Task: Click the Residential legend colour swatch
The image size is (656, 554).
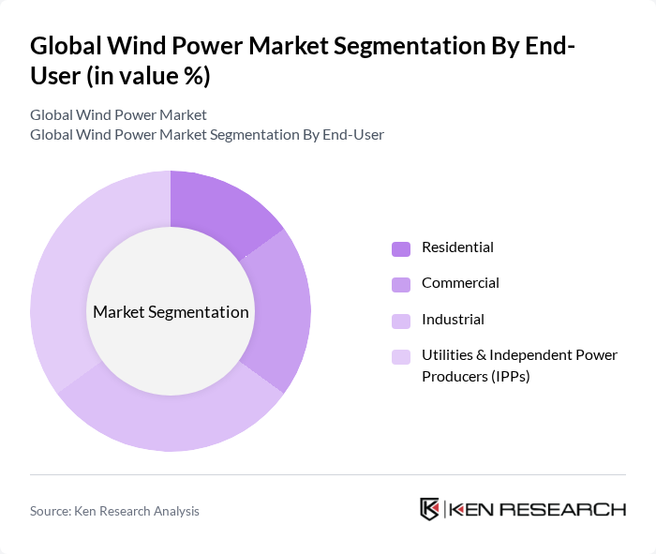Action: (401, 248)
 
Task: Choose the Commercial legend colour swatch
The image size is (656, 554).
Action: (401, 284)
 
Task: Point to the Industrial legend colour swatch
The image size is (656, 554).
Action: (401, 321)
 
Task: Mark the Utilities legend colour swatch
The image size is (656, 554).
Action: (401, 356)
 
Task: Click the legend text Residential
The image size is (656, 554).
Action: (457, 247)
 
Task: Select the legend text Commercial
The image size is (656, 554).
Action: (460, 283)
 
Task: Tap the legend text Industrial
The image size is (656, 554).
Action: (453, 320)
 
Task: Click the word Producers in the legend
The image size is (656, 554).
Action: (455, 376)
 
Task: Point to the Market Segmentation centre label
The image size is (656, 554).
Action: (171, 312)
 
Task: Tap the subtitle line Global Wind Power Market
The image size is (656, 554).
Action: (118, 115)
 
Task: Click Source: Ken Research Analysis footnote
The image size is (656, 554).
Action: (114, 511)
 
